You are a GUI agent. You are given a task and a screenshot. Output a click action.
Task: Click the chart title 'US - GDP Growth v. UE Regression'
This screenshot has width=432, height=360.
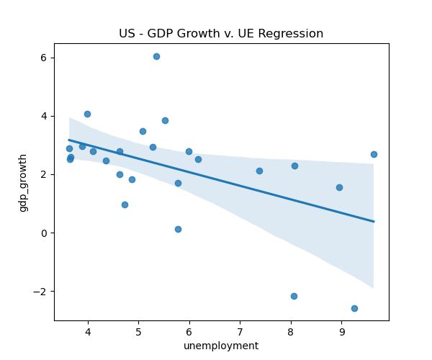click(221, 34)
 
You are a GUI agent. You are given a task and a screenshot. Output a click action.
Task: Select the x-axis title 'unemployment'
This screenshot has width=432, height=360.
click(221, 346)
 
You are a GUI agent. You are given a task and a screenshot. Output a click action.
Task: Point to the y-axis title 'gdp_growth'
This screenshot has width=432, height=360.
click(24, 182)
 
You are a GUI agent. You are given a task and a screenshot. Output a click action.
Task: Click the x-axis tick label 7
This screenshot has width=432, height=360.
click(240, 332)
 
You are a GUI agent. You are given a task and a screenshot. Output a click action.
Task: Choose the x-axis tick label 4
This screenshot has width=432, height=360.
click(88, 332)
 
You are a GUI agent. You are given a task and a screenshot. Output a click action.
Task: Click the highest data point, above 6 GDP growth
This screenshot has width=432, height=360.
click(156, 56)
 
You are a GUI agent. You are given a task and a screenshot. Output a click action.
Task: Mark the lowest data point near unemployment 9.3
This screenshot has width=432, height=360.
click(354, 308)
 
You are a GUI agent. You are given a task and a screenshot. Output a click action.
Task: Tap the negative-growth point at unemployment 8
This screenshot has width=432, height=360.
click(294, 296)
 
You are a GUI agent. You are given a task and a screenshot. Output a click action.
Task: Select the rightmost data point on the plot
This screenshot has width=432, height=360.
click(374, 154)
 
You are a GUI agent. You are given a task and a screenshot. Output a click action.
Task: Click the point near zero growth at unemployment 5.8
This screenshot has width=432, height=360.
click(178, 229)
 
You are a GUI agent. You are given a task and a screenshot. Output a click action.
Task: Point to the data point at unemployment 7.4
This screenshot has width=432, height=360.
click(259, 171)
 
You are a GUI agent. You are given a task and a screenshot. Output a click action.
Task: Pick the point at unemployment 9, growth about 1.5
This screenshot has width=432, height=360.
click(339, 187)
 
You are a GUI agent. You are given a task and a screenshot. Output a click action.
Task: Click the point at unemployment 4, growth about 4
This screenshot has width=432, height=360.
click(87, 114)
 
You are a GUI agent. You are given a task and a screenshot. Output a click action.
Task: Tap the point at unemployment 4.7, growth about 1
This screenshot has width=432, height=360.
click(125, 204)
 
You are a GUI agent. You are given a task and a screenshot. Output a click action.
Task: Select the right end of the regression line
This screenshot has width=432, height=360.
click(374, 221)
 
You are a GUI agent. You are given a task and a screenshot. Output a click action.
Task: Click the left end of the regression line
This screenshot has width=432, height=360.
click(69, 140)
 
